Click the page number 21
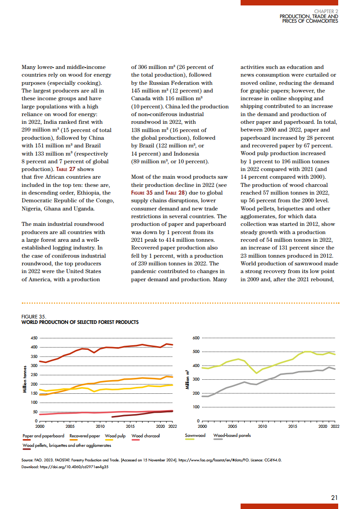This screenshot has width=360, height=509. point(334,497)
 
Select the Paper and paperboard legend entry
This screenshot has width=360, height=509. point(43,436)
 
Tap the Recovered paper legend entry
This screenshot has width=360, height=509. point(85,436)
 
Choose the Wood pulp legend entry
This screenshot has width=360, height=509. point(115,436)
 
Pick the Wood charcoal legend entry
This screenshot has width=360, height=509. point(145,436)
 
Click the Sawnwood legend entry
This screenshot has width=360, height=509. point(195,436)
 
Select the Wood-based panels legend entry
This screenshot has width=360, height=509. point(232,436)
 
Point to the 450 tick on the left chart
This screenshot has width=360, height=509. point(34,338)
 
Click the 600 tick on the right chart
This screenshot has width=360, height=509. point(196,338)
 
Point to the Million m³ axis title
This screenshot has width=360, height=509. point(187,380)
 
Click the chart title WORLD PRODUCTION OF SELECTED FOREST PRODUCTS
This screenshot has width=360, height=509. point(80,322)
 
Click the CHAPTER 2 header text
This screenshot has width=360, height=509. point(326,11)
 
